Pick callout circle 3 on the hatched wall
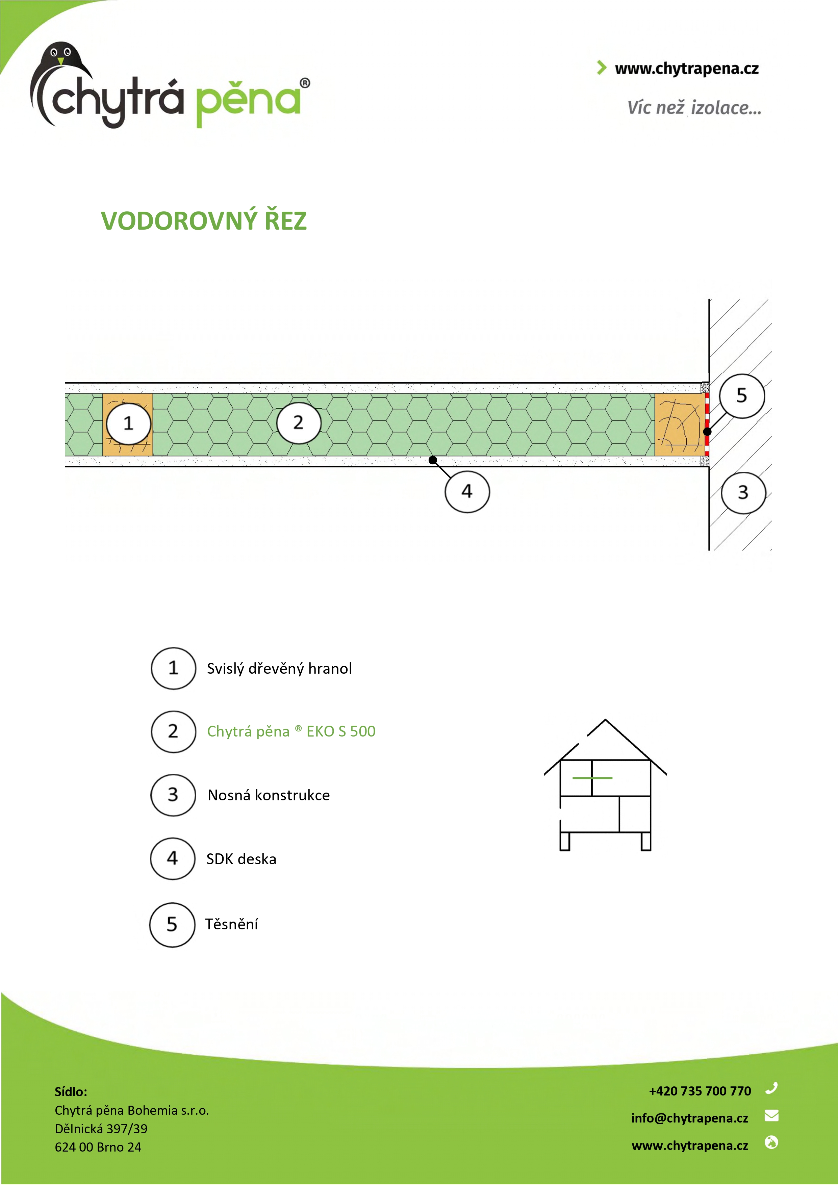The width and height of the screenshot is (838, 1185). (743, 492)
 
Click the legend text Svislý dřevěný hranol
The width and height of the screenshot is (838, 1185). (279, 668)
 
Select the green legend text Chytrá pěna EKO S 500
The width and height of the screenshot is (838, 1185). (291, 731)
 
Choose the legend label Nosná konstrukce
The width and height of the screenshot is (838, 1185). (269, 795)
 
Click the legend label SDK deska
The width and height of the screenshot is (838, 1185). (241, 859)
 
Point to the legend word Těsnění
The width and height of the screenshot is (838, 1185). (231, 924)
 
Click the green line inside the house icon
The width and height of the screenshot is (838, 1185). (592, 778)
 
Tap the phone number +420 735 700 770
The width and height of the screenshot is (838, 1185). (700, 1090)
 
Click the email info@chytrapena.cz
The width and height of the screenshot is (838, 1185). (689, 1118)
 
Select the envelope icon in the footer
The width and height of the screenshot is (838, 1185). (771, 1115)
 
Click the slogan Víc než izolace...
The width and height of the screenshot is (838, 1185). (694, 107)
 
